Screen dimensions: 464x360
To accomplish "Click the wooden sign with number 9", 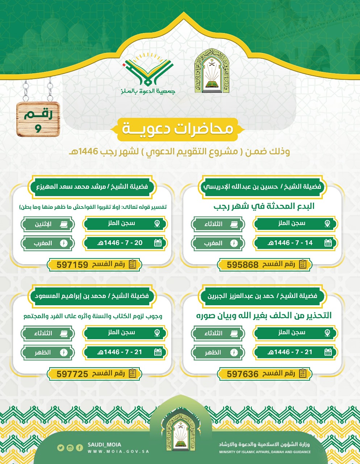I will click(x=38, y=119).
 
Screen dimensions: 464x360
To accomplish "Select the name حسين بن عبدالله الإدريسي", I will click(x=263, y=187).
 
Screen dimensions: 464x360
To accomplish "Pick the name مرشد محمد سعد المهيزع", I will click(x=92, y=187).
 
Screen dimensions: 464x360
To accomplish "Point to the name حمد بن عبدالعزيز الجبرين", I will click(x=263, y=296).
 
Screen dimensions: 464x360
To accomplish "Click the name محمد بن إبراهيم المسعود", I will click(x=92, y=296).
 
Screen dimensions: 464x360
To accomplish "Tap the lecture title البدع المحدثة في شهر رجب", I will click(x=264, y=206).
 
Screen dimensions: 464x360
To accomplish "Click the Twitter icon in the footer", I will click(x=60, y=448).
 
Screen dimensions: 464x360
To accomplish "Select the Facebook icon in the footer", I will click(x=79, y=448).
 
